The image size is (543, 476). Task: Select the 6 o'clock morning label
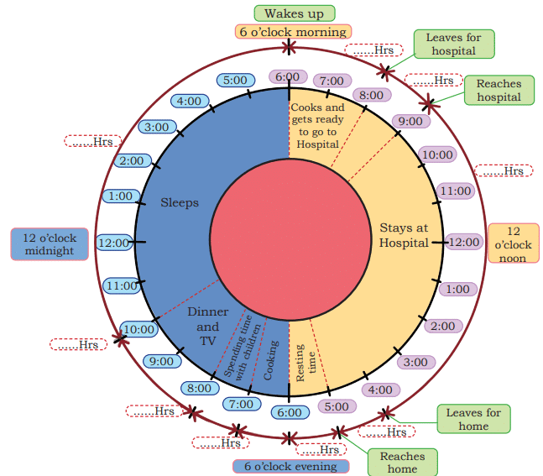(292, 32)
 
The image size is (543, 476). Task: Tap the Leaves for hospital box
(453, 44)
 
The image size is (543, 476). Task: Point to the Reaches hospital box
(499, 90)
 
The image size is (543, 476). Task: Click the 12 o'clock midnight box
(50, 243)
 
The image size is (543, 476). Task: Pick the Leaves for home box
(473, 419)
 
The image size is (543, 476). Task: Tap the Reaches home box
(403, 462)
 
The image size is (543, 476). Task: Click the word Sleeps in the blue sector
(180, 202)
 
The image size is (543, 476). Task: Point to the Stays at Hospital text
(404, 235)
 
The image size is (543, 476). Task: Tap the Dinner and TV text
(208, 327)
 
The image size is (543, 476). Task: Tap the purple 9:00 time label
(411, 121)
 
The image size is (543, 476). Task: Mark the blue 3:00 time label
(157, 128)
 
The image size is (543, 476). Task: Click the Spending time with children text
(243, 347)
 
